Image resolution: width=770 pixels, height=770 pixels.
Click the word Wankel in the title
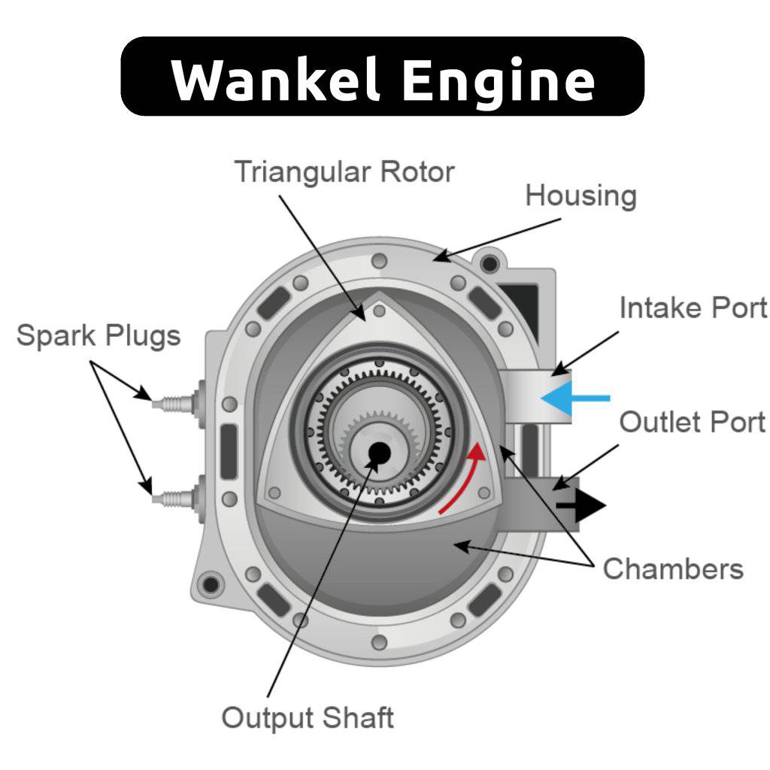pos(275,78)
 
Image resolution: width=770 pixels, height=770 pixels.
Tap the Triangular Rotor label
pos(344,172)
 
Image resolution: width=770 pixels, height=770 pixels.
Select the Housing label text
pos(581,196)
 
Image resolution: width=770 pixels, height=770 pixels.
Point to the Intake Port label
pos(693,308)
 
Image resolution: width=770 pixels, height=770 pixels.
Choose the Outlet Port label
pos(693,422)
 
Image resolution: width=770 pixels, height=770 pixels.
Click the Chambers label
pos(673,568)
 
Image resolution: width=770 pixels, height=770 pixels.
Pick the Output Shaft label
pos(308,717)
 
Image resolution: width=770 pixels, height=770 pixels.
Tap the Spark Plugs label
pos(99,336)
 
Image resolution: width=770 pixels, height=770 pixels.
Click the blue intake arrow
pos(575,399)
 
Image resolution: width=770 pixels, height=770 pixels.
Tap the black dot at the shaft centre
pos(379,453)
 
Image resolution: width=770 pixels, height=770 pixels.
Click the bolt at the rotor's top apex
pos(379,311)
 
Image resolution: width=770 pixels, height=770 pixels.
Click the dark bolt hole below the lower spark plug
pos(211,584)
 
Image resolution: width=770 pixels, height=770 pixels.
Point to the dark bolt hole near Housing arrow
pos(490,264)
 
